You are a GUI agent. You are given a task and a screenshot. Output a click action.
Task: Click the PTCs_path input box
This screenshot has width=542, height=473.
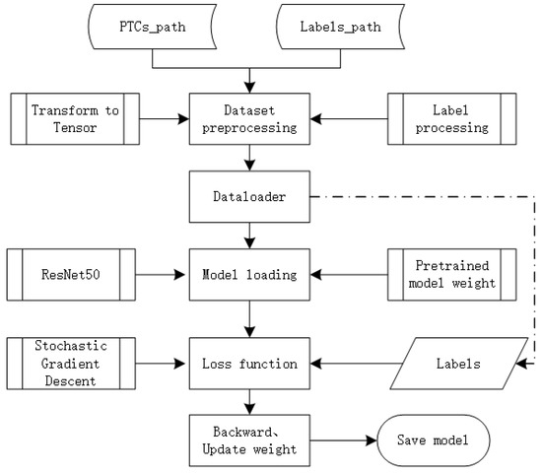[153, 28]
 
